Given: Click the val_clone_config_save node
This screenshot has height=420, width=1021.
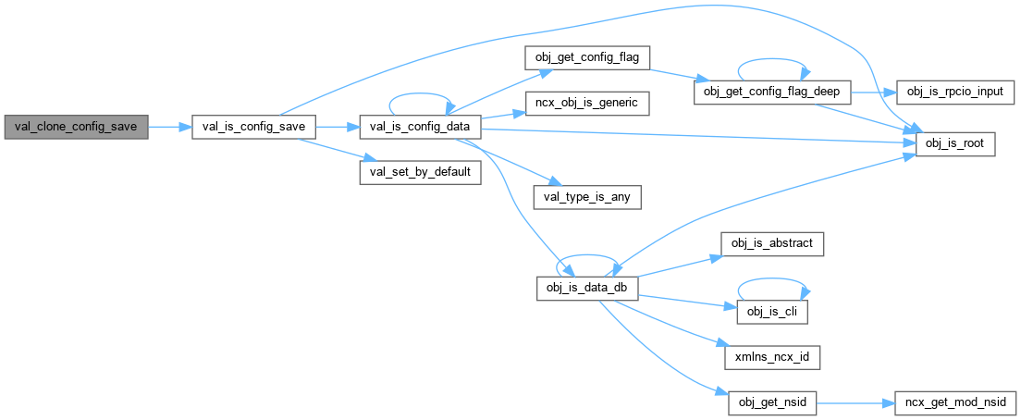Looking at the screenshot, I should click(76, 127).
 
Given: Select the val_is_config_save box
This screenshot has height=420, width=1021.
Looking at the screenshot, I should click(253, 127).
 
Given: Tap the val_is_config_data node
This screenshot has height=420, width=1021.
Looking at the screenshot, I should click(420, 127).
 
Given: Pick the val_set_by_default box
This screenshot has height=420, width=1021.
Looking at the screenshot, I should click(420, 173).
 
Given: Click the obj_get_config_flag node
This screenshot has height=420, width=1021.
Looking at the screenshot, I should click(587, 57).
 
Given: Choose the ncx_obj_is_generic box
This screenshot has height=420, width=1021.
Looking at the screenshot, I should click(587, 103).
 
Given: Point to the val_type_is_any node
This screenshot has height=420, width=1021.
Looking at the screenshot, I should click(587, 196).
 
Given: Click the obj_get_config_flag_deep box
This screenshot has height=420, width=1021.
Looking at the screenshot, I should click(771, 93).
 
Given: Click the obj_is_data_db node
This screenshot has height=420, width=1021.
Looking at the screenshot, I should click(587, 288).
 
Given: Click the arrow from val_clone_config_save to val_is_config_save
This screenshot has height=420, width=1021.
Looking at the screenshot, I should click(169, 127).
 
